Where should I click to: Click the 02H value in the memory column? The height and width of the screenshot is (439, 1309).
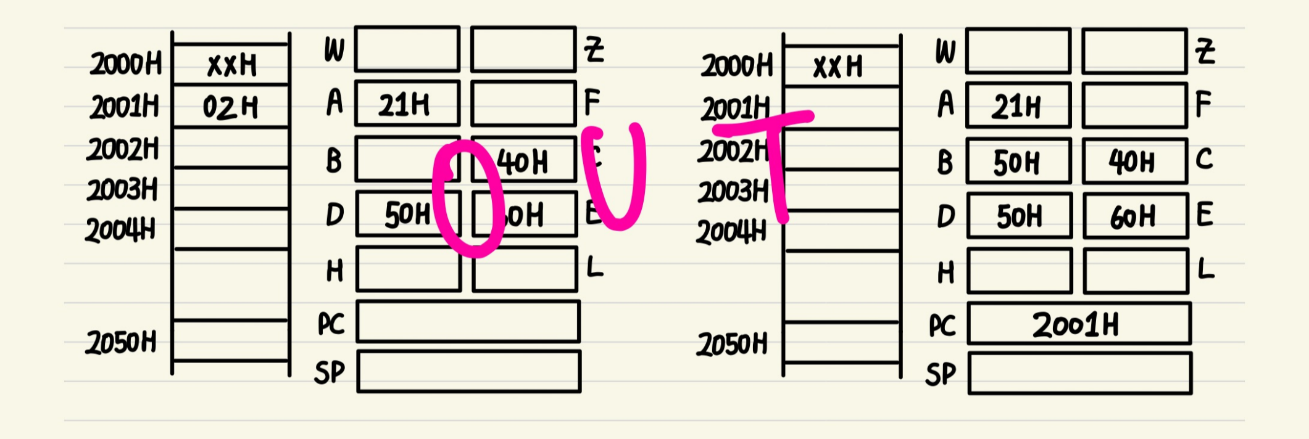click(x=230, y=108)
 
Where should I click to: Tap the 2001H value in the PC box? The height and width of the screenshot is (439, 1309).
click(x=1075, y=325)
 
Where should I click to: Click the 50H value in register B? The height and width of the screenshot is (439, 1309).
click(x=1016, y=163)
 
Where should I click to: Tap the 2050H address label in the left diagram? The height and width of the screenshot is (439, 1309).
click(x=121, y=343)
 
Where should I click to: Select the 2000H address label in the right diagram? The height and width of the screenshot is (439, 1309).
click(x=736, y=65)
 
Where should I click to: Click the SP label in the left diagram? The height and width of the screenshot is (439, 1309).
click(x=330, y=372)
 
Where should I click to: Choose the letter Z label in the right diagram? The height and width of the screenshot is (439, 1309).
click(x=1205, y=51)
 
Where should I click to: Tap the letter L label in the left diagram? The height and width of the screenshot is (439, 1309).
click(x=594, y=268)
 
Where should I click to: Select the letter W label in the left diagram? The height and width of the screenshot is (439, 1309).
click(x=334, y=50)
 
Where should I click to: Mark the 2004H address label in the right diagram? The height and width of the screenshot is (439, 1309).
click(x=731, y=232)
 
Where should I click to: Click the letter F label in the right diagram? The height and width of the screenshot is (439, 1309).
click(x=1203, y=104)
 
